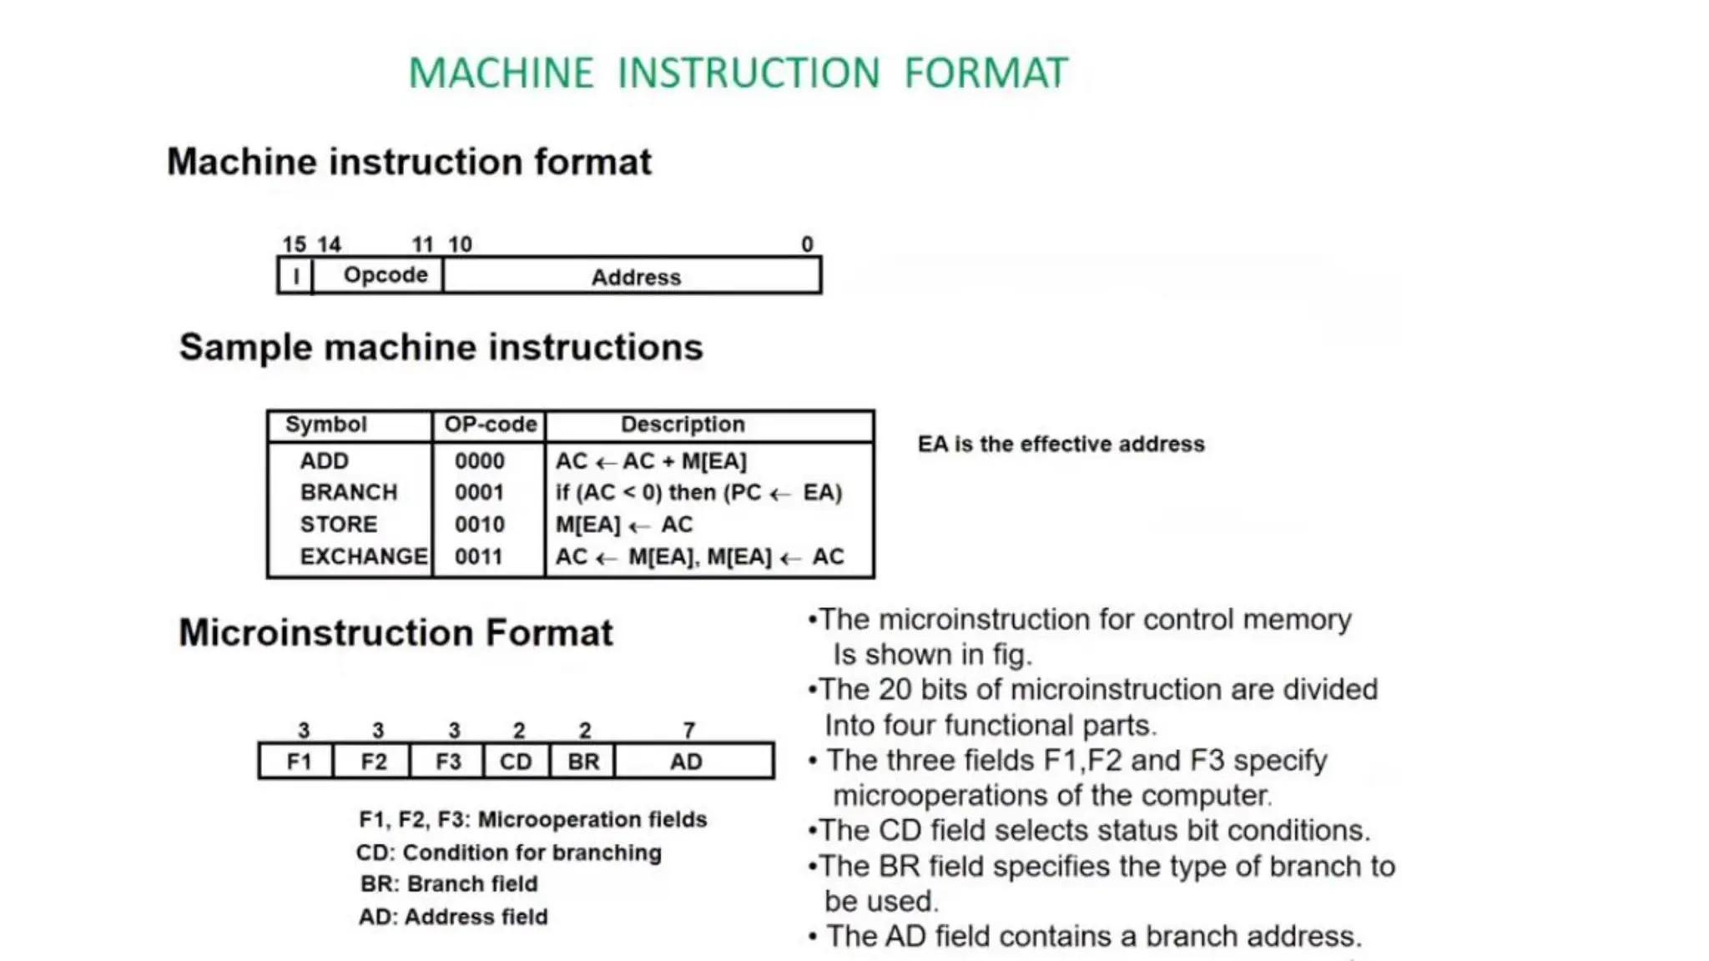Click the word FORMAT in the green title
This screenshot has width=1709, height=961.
[986, 73]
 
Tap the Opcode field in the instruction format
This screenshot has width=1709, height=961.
[385, 275]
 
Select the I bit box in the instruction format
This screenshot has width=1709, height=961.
[295, 276]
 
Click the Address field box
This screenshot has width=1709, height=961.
[635, 277]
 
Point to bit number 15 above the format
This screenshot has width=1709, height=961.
[294, 244]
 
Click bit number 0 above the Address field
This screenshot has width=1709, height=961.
[807, 244]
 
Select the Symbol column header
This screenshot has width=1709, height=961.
[325, 425]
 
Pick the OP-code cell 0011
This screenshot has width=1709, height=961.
[479, 556]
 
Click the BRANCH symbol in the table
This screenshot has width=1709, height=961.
[349, 492]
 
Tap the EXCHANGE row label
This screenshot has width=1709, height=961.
[363, 556]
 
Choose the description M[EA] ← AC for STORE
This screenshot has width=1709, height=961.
[623, 525]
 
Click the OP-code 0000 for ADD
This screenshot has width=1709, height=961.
[479, 461]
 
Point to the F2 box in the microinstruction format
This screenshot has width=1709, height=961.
[373, 762]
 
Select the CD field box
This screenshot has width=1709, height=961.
[516, 762]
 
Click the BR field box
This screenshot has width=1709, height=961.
[583, 762]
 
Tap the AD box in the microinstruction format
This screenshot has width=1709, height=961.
[686, 762]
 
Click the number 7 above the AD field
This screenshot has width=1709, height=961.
[688, 731]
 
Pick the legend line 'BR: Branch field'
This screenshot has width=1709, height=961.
[449, 883]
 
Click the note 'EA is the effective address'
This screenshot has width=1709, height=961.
[1061, 444]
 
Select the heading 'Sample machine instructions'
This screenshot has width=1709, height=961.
[441, 348]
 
